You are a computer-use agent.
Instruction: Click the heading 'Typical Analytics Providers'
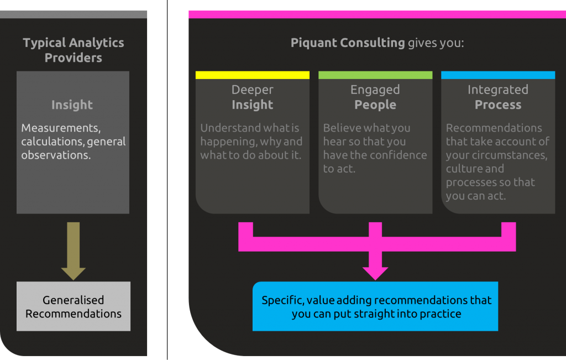point(74,50)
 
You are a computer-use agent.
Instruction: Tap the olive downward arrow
point(74,251)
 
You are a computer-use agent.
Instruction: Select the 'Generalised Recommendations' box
point(74,306)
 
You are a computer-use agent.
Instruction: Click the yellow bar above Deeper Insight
point(252,75)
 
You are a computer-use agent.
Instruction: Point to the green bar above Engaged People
point(375,75)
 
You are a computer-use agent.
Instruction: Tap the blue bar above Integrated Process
point(498,75)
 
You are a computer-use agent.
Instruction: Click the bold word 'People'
point(375,105)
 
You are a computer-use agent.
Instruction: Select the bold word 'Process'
point(498,105)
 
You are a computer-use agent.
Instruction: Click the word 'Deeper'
point(252,90)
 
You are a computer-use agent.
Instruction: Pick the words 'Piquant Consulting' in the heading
point(348,43)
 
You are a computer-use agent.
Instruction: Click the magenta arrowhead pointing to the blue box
point(375,273)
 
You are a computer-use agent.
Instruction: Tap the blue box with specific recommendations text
point(375,306)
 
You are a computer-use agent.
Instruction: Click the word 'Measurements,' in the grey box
point(61,128)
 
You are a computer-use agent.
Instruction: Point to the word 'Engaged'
point(375,90)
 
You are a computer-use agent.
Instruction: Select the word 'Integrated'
point(498,90)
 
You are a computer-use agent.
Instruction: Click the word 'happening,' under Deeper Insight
point(228,142)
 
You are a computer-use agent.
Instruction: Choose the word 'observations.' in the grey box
point(56,155)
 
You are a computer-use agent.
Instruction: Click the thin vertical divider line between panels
point(167,180)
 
